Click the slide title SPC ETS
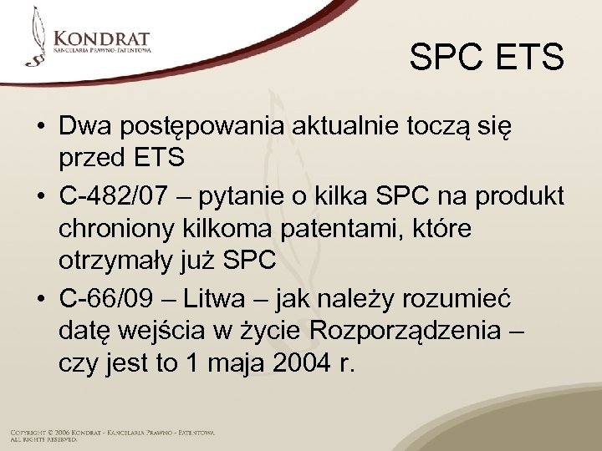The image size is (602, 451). (x=487, y=58)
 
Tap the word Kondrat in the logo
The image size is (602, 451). (x=101, y=38)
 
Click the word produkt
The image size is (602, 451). (x=520, y=197)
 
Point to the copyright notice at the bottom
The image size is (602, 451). (x=112, y=435)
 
